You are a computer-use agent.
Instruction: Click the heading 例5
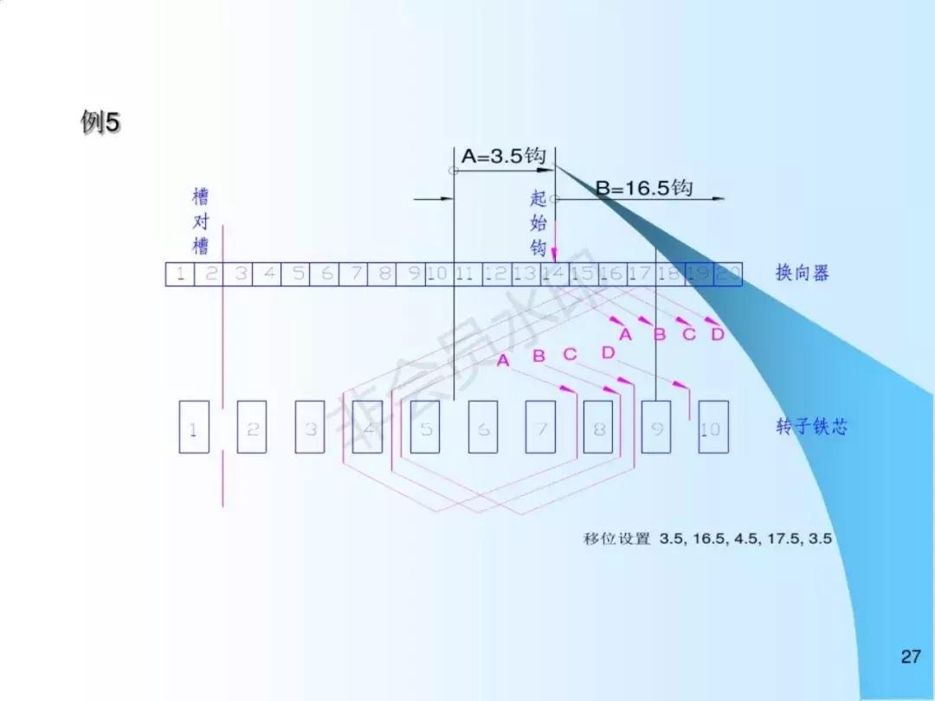[x=100, y=124]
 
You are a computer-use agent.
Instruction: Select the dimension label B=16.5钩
[x=644, y=188]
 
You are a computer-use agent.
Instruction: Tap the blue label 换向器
[x=802, y=273]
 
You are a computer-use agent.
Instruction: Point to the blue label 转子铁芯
[x=811, y=427]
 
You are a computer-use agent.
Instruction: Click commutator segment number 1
[x=179, y=274]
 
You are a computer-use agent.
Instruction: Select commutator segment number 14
[x=554, y=274]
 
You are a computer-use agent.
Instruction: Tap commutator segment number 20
[x=728, y=274]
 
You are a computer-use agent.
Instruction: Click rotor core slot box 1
[x=193, y=428]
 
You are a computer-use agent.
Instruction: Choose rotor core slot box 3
[x=309, y=428]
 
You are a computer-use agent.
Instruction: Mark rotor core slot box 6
[x=482, y=428]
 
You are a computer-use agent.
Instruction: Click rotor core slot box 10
[x=713, y=428]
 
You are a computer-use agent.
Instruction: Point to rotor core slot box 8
[x=598, y=428]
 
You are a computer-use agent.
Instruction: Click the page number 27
[x=910, y=657]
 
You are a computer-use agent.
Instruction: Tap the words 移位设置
[x=616, y=538]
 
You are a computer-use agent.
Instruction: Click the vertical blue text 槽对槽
[x=201, y=222]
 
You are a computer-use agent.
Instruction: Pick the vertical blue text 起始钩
[x=538, y=223]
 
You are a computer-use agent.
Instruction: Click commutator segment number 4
[x=268, y=274]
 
